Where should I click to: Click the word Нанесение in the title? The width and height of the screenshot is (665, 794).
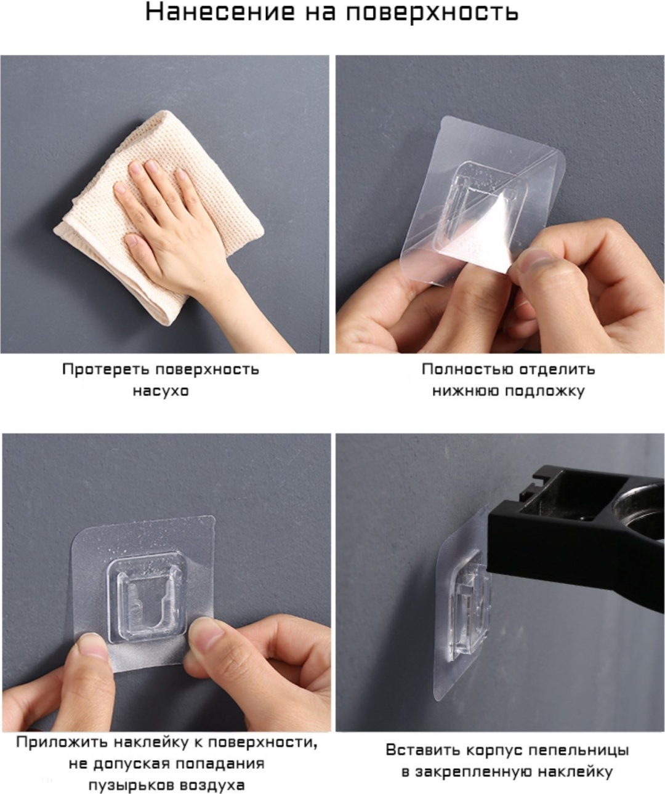pyautogui.click(x=220, y=12)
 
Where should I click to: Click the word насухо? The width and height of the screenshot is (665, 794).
pyautogui.click(x=161, y=391)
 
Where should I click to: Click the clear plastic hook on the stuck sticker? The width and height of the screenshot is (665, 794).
pyautogui.click(x=147, y=598)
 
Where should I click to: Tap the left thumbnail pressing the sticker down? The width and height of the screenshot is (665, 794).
pyautogui.click(x=94, y=646)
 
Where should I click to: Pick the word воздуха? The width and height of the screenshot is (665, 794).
pyautogui.click(x=212, y=785)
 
